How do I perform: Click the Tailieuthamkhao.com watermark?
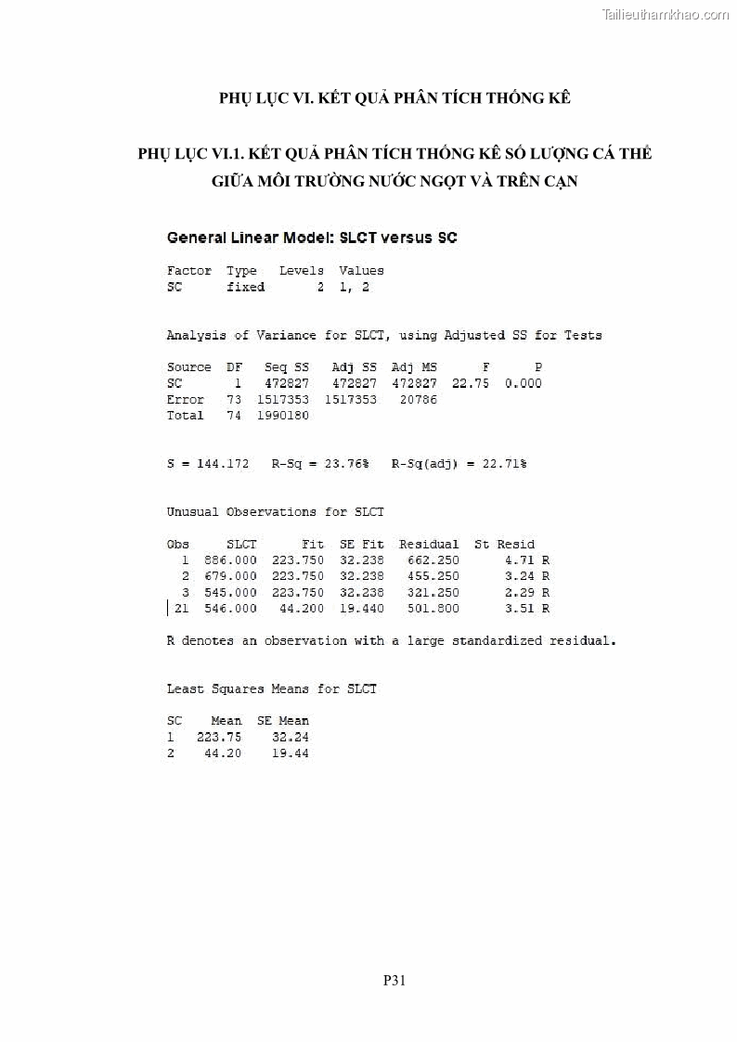coord(666,14)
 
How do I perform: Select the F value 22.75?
coord(471,383)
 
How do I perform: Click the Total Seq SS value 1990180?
coord(282,415)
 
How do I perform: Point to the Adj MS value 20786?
coord(418,399)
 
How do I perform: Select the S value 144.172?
coord(223,463)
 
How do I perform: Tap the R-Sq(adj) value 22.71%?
coord(504,463)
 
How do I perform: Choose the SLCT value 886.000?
coord(230,560)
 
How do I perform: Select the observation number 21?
coord(181,608)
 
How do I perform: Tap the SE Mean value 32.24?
coord(291,737)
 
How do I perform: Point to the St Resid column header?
coord(504,544)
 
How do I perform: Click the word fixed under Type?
coord(245,287)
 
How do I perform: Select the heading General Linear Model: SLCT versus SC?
coord(312,238)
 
